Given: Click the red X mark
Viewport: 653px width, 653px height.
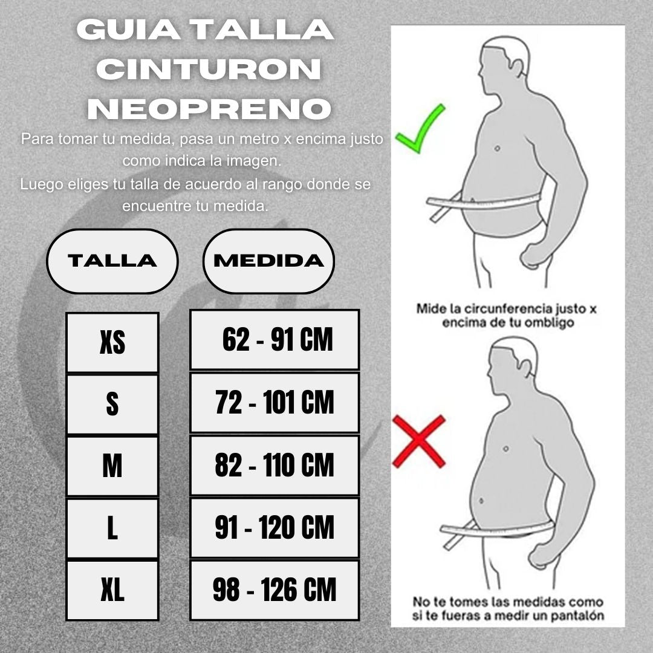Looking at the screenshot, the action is [x=419, y=441].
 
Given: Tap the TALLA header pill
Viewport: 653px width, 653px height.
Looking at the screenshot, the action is [x=112, y=261].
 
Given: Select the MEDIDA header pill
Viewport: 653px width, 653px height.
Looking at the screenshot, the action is [x=268, y=261].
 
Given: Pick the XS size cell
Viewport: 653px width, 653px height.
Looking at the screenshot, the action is [x=112, y=342].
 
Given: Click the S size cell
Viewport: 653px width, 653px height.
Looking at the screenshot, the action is [x=112, y=404].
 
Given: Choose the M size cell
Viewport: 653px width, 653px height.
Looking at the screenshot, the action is [x=112, y=466].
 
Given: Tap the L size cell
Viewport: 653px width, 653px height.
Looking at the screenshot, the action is [x=112, y=528].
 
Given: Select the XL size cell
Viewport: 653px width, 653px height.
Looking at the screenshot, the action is [x=112, y=590].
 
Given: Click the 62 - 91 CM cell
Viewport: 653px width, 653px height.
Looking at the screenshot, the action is [x=275, y=339].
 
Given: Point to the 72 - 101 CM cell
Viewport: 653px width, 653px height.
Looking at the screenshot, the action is [x=275, y=402].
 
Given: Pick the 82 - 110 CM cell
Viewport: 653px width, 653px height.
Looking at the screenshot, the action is [x=275, y=465].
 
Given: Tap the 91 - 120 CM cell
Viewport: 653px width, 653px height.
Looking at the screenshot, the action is [x=275, y=527].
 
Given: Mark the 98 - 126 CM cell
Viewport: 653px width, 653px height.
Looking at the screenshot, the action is [x=275, y=590].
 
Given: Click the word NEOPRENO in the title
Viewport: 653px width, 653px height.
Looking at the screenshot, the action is [x=209, y=109].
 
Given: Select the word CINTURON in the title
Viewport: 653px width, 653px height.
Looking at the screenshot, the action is [x=209, y=69].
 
